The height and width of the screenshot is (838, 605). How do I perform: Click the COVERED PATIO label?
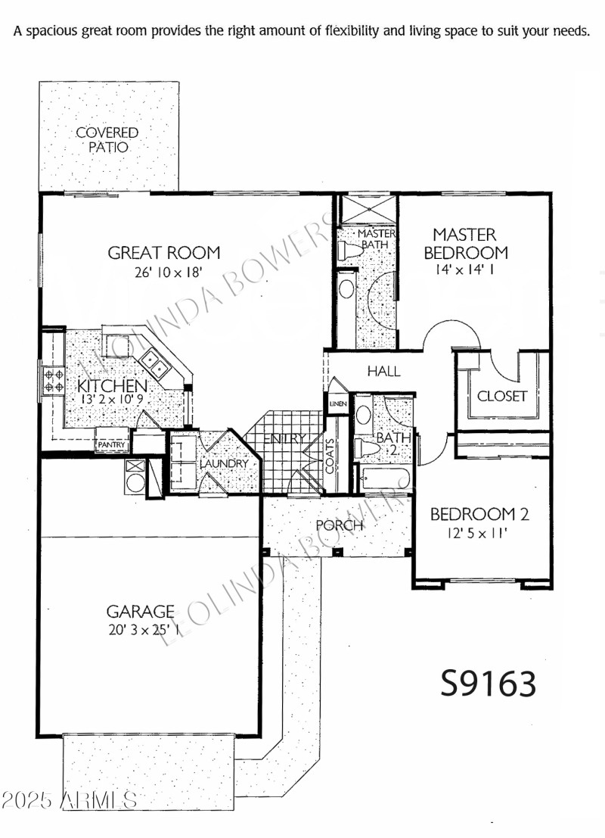click(107, 140)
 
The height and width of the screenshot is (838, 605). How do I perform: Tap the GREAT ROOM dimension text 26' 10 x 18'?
click(164, 271)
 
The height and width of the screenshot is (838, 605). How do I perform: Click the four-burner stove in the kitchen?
click(54, 379)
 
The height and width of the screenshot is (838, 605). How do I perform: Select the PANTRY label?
click(111, 446)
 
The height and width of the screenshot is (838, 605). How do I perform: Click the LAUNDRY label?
click(225, 463)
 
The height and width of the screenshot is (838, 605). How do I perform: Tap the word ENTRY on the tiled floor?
click(285, 438)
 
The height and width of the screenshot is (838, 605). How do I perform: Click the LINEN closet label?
click(337, 403)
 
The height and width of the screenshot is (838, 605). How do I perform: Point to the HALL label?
click(383, 372)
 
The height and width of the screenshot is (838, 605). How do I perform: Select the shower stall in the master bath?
click(365, 209)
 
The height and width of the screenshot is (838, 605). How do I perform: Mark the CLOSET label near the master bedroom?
click(501, 396)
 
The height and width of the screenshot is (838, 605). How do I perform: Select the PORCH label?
click(339, 525)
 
